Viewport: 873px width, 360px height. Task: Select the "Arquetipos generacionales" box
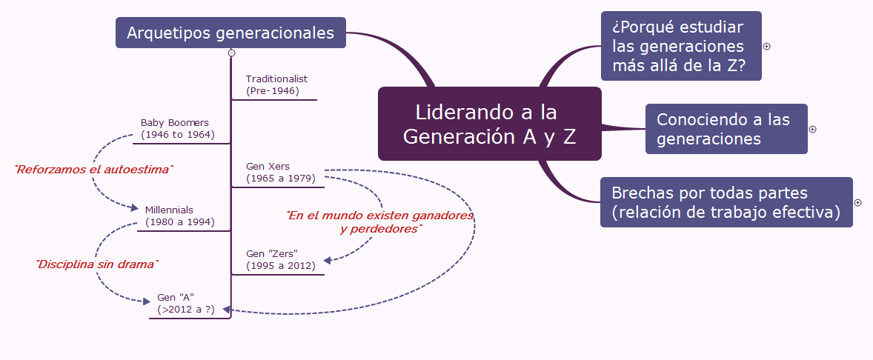click(230, 33)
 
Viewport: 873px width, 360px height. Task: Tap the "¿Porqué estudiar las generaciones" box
click(680, 46)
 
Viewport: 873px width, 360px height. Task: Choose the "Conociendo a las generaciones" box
click(726, 129)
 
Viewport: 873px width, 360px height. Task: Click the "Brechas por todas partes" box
click(726, 202)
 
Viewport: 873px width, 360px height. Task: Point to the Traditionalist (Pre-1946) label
click(276, 85)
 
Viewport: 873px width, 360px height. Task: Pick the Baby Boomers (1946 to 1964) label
click(177, 129)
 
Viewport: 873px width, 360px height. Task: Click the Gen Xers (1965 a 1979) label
click(280, 173)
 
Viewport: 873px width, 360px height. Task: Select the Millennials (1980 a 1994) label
click(179, 216)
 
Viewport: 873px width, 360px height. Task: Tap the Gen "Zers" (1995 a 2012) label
click(280, 259)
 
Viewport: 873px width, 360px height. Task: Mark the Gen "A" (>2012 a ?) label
click(185, 304)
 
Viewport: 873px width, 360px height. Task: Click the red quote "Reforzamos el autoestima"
click(93, 170)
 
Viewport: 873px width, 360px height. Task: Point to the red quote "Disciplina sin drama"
click(98, 264)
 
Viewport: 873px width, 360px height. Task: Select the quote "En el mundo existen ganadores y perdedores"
click(380, 222)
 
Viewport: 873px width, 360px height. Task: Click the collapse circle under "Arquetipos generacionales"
click(232, 53)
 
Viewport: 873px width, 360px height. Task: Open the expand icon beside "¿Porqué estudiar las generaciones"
click(767, 46)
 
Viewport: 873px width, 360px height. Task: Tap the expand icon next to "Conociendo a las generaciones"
click(812, 129)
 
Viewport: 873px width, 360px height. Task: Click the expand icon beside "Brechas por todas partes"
click(857, 202)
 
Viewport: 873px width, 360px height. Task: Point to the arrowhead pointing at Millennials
click(135, 208)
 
